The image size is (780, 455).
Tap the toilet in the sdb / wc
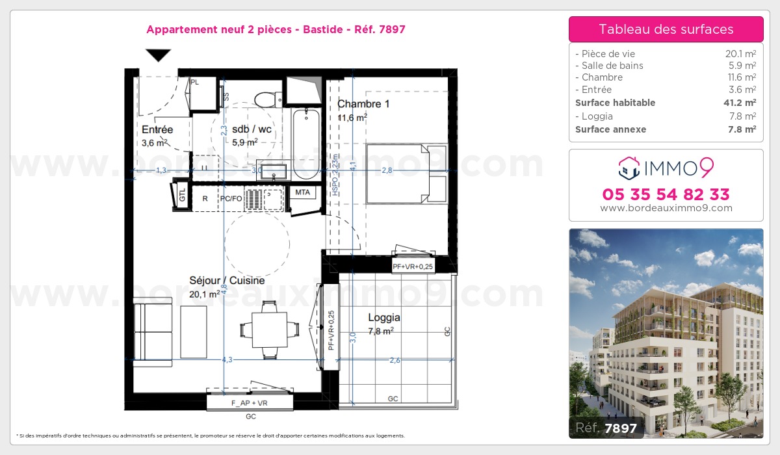pyautogui.click(x=267, y=100)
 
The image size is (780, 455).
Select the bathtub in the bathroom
pyautogui.click(x=306, y=144)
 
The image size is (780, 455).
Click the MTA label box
pyautogui.click(x=303, y=192)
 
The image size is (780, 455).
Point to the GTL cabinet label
pyautogui.click(x=182, y=195)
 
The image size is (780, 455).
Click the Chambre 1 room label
pyautogui.click(x=363, y=104)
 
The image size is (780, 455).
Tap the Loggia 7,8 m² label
pyautogui.click(x=383, y=324)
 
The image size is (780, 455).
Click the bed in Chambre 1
pyautogui.click(x=407, y=174)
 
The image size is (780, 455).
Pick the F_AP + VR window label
pyautogui.click(x=250, y=403)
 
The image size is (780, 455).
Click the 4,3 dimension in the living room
pyautogui.click(x=227, y=359)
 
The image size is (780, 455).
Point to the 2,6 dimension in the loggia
pyautogui.click(x=395, y=360)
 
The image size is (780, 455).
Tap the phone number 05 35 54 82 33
pyautogui.click(x=666, y=194)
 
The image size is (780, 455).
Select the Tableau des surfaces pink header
pyautogui.click(x=666, y=29)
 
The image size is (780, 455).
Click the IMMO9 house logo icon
pyautogui.click(x=629, y=168)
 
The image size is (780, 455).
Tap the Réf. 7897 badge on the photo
pyautogui.click(x=606, y=428)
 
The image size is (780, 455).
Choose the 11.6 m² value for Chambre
pyautogui.click(x=742, y=77)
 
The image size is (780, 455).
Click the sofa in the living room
pyautogui.click(x=153, y=332)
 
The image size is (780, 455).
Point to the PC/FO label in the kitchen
pyautogui.click(x=231, y=198)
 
